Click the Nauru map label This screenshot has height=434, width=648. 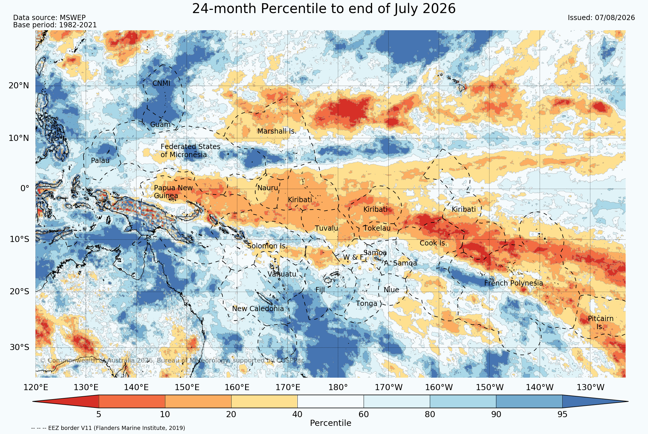[268, 188]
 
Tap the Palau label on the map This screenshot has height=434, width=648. [100, 160]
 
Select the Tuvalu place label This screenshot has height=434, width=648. [326, 228]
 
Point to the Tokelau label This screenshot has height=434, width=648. [377, 228]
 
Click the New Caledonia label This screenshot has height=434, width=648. [258, 309]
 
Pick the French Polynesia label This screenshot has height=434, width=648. [514, 283]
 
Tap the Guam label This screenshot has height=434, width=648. [160, 125]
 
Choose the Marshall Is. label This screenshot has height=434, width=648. [277, 131]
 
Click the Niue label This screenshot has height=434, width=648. [391, 290]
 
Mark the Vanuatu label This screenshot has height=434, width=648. [282, 274]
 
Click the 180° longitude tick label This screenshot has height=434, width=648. [338, 387]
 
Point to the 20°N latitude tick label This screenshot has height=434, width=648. [19, 86]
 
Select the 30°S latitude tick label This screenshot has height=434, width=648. [19, 347]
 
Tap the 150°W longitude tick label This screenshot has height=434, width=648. [490, 387]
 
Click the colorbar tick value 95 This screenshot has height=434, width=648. [562, 414]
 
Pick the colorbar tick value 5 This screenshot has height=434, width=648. [99, 414]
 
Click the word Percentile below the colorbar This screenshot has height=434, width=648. [331, 423]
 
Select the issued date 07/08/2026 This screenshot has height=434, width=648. [615, 18]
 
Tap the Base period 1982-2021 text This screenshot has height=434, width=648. [55, 25]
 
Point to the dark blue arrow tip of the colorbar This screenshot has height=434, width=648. [628, 401]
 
